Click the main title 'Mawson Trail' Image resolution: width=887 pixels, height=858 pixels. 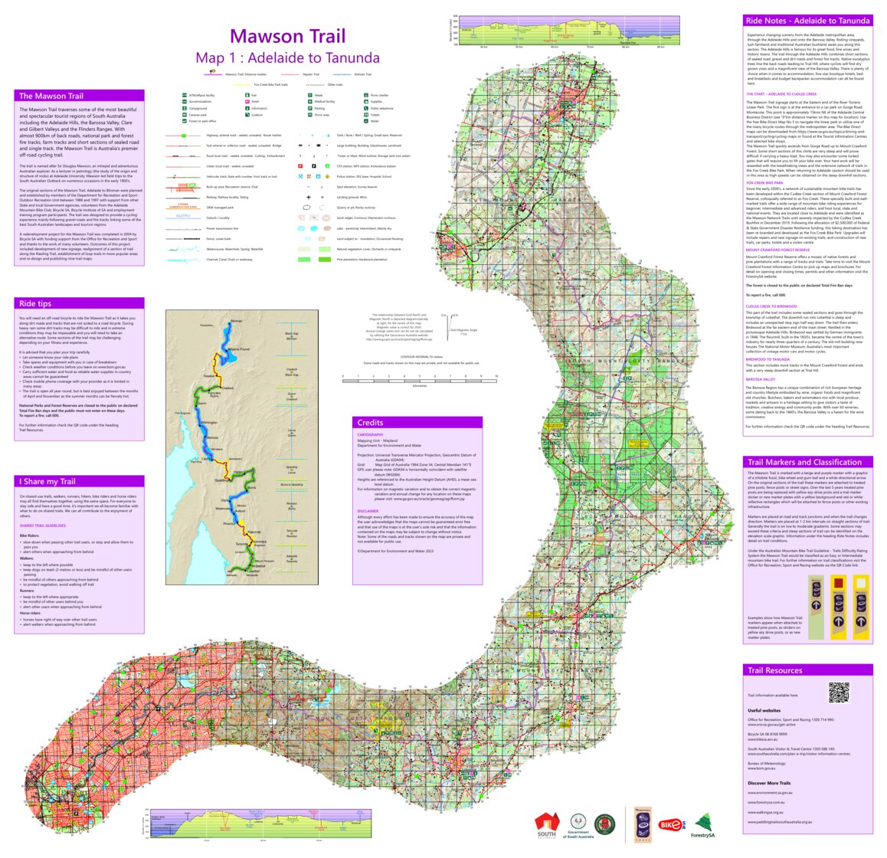287,36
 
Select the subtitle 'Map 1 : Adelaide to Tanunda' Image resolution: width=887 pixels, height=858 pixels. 287,58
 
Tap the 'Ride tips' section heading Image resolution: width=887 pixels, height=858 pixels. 35,304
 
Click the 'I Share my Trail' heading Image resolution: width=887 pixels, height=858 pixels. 47,481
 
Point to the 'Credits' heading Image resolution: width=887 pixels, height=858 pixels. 370,422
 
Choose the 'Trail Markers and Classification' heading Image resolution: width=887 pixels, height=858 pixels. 804,462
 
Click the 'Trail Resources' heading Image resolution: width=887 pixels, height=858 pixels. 774,670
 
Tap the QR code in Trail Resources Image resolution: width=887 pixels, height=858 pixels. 839,693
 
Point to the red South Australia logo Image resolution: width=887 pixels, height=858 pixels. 547,824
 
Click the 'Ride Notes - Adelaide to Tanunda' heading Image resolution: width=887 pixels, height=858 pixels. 807,21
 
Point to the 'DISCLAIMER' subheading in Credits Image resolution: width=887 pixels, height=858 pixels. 368,511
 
